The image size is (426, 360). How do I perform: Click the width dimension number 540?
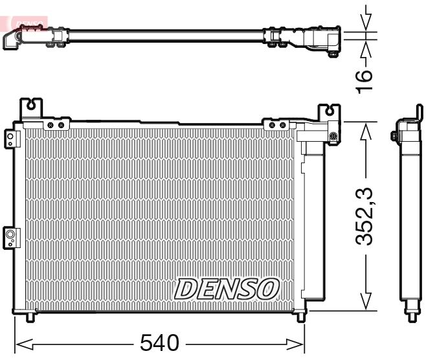coord(159,343)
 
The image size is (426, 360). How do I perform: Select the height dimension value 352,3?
coord(366,215)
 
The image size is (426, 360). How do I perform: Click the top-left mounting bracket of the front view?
coord(32,106)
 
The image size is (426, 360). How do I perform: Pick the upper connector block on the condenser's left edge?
coord(10,137)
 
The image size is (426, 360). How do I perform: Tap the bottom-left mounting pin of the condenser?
coord(31,317)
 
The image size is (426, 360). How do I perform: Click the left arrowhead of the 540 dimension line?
coord(19,343)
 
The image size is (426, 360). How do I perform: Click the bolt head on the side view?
coord(394,136)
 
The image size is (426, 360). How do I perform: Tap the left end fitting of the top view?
coord(14,39)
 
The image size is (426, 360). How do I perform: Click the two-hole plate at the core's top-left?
coord(56,124)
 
